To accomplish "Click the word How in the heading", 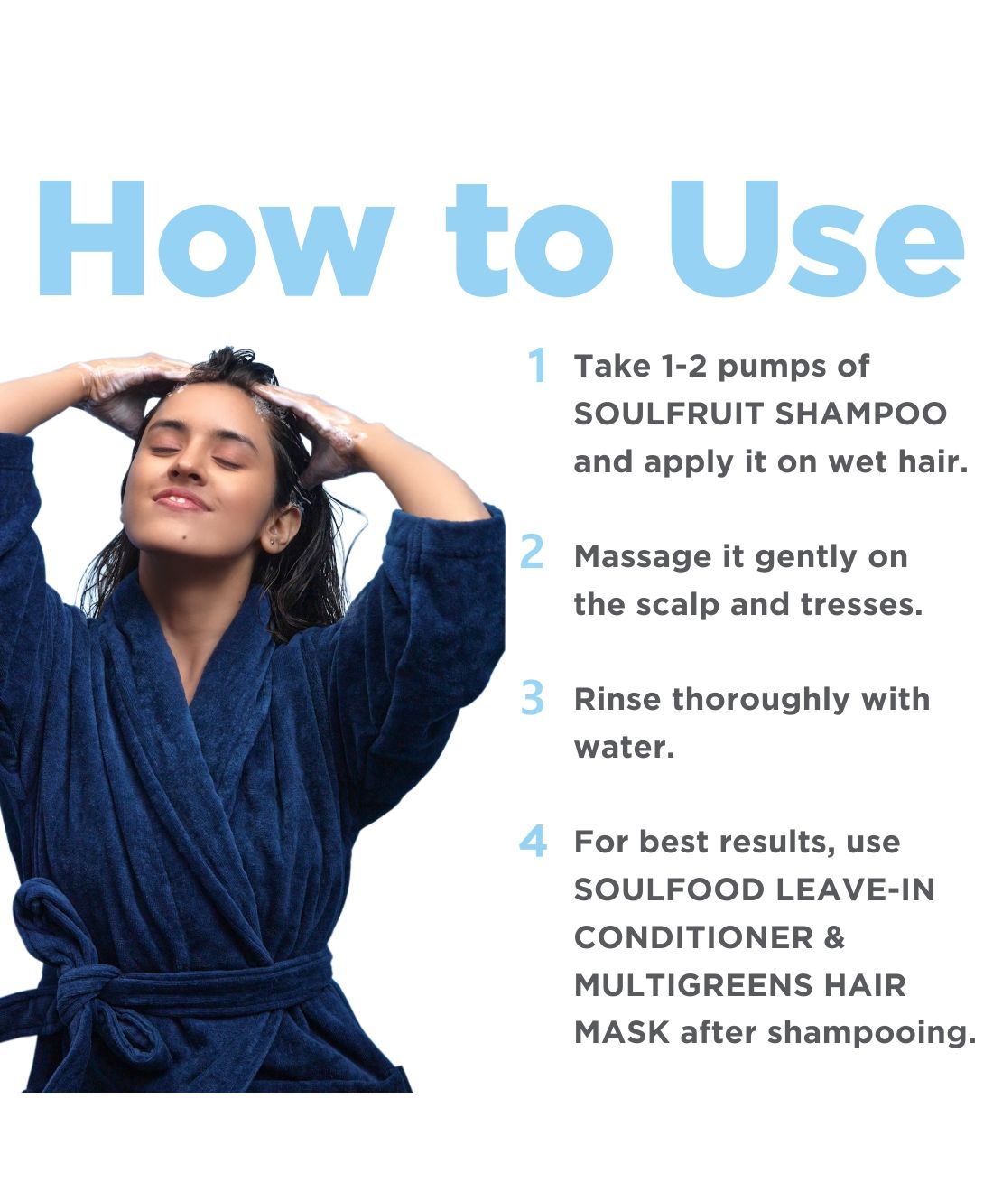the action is pos(217,238).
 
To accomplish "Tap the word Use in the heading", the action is pos(817,238).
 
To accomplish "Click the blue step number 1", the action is pos(537,366).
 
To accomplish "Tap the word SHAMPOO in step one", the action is pos(861,414).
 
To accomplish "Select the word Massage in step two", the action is pos(643,558).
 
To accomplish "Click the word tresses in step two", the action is pos(861,605).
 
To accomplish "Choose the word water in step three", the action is pos(624,748).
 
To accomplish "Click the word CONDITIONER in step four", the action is pos(693,937).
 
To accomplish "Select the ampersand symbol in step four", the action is pos(834,937).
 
